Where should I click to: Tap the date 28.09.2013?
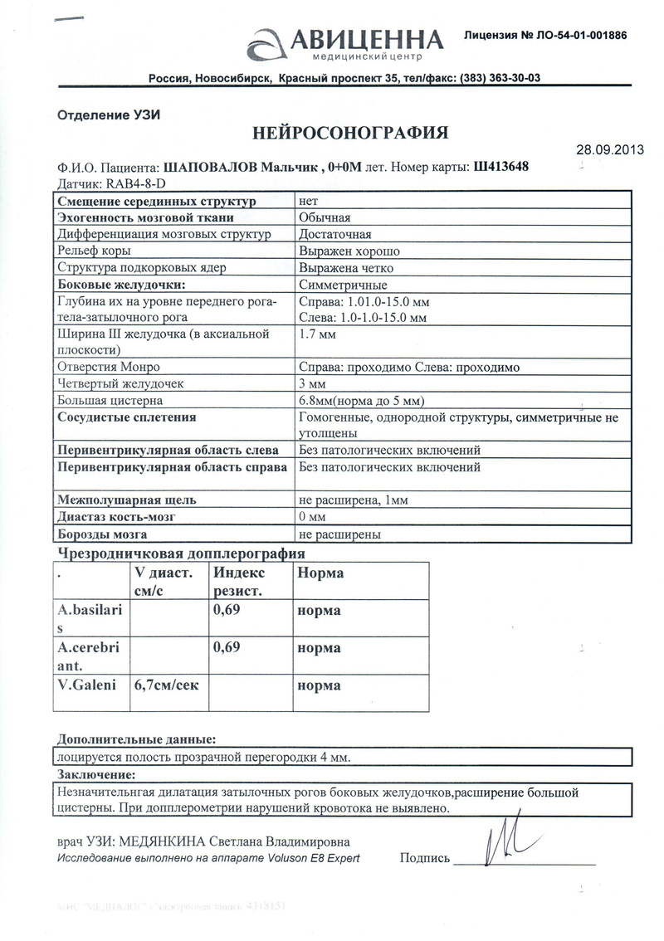(x=609, y=150)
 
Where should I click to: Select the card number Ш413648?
(x=501, y=166)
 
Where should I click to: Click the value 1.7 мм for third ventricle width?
(x=316, y=335)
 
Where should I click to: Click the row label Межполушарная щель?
(x=125, y=500)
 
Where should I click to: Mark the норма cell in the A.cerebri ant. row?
(x=319, y=648)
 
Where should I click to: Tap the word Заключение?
(x=94, y=775)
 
